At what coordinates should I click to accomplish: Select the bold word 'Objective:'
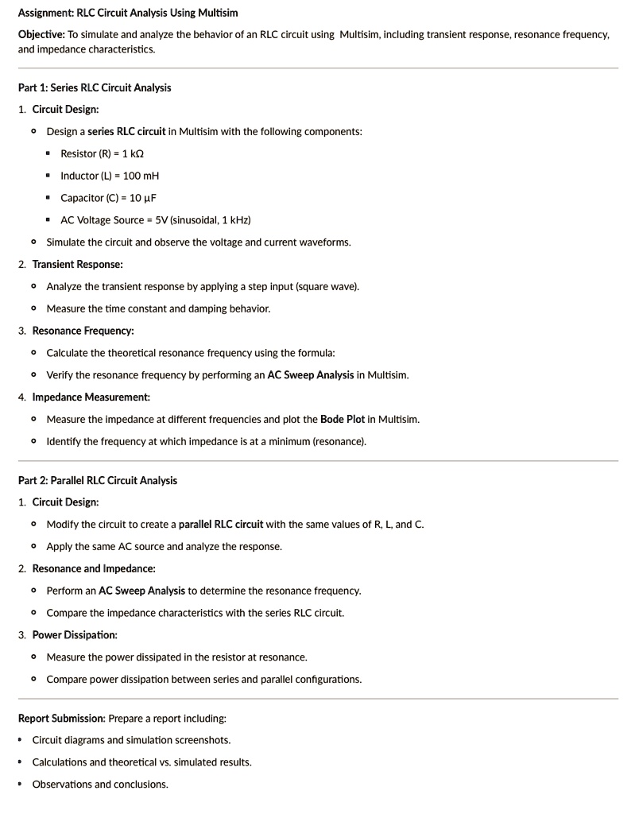click(x=41, y=36)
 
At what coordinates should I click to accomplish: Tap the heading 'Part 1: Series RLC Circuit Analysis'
click(x=94, y=87)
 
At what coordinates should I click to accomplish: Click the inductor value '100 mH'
click(x=141, y=176)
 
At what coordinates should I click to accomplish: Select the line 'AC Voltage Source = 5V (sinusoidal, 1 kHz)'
click(x=156, y=220)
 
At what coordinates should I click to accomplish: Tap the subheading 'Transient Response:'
click(x=77, y=264)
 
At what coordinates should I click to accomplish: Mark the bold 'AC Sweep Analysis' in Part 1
click(x=310, y=375)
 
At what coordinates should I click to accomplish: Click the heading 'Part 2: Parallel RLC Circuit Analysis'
click(x=97, y=480)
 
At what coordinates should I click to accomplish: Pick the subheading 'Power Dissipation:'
click(x=75, y=635)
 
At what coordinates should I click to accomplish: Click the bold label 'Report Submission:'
click(x=61, y=719)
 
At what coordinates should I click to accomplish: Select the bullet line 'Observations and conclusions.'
click(x=100, y=785)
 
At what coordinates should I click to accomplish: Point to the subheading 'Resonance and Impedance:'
click(x=94, y=568)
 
